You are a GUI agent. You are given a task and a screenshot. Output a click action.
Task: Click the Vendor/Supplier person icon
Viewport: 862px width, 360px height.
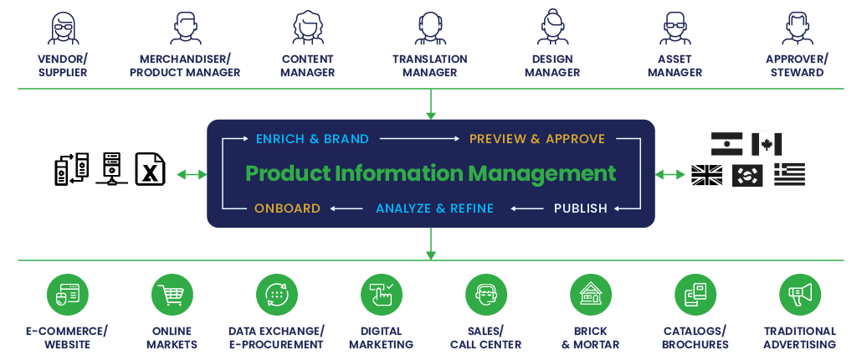[63, 28]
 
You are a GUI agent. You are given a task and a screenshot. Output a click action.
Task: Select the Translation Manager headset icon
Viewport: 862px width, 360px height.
[430, 28]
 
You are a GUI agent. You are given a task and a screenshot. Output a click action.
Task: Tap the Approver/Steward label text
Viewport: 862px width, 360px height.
[797, 65]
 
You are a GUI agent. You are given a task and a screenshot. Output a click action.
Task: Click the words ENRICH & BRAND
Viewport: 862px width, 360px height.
[312, 139]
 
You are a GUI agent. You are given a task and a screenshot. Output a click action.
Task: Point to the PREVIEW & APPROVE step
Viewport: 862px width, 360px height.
[536, 139]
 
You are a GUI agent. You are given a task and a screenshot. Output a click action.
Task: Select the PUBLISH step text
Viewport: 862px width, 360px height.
[580, 208]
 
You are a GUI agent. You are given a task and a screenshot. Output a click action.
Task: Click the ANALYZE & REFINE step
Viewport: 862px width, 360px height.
[434, 208]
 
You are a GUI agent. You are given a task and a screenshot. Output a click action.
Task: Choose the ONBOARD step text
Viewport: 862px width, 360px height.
[287, 208]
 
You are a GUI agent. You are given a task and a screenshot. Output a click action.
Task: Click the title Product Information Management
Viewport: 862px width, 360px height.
[430, 173]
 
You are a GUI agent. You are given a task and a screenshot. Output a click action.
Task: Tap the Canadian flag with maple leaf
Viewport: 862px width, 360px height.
[766, 144]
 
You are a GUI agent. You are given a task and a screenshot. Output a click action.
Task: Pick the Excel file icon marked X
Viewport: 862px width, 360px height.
[151, 169]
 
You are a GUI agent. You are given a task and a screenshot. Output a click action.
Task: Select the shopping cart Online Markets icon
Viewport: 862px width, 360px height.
[172, 295]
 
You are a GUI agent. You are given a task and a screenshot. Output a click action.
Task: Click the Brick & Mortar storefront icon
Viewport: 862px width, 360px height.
[591, 295]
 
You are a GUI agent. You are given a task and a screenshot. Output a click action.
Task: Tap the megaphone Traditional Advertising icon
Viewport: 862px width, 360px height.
[800, 295]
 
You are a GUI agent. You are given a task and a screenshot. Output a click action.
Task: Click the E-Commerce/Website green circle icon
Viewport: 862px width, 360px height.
[68, 295]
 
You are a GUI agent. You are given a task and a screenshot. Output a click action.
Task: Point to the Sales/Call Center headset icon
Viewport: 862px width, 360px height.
[486, 295]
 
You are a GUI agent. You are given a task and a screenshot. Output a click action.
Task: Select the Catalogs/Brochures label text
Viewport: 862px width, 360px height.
[695, 337]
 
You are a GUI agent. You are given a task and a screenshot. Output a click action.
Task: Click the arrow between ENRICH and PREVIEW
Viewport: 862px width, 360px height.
[418, 139]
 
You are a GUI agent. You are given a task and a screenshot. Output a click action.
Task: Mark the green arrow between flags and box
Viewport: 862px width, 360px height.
[670, 174]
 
